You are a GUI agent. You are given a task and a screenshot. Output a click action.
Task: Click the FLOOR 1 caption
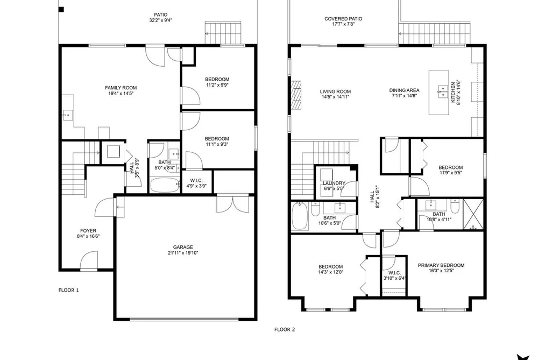(x=68, y=290)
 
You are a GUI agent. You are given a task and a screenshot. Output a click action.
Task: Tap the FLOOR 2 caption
(x=285, y=329)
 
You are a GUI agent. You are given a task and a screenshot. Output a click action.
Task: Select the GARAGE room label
(x=183, y=248)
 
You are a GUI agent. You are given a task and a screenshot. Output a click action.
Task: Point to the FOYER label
(x=88, y=231)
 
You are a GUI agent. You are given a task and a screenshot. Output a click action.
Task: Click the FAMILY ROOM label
(x=121, y=88)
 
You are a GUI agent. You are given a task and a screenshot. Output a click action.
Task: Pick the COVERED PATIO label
(x=343, y=19)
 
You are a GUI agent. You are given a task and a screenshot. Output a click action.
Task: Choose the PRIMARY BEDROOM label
(x=441, y=265)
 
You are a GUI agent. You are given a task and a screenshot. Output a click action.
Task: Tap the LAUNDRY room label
(x=334, y=183)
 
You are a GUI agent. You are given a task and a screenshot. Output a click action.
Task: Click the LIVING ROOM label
(x=335, y=91)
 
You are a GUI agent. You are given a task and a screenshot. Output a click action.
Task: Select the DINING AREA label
(x=404, y=90)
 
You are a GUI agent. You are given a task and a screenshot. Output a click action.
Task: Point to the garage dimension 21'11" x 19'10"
(x=183, y=253)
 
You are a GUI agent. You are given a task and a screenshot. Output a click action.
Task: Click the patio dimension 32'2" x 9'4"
(x=160, y=20)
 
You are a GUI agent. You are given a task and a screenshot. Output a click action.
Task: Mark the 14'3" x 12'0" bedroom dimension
(x=331, y=272)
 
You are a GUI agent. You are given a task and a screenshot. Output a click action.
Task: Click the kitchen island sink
(x=442, y=91)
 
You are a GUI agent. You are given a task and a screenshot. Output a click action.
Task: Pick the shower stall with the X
(x=473, y=214)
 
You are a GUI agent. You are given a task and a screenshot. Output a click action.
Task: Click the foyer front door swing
(x=89, y=260)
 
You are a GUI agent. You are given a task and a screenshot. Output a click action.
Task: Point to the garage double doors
(x=233, y=204)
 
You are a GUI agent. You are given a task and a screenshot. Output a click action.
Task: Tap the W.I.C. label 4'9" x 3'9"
(x=196, y=183)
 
